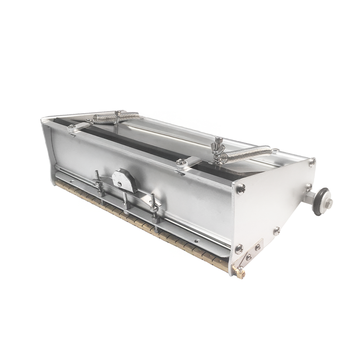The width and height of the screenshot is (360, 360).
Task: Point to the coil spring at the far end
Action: click(116, 117)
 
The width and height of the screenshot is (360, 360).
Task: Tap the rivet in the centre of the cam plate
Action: click(120, 183)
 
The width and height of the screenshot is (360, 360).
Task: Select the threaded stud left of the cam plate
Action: click(97, 176)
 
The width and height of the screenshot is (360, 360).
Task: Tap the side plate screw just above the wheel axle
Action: click(309, 187)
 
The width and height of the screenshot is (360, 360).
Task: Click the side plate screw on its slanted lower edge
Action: click(276, 230)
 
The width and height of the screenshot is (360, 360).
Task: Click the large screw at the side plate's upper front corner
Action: click(241, 188)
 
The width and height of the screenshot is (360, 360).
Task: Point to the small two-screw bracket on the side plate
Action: click(253, 251)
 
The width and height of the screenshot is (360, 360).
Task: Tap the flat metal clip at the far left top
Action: click(77, 127)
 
